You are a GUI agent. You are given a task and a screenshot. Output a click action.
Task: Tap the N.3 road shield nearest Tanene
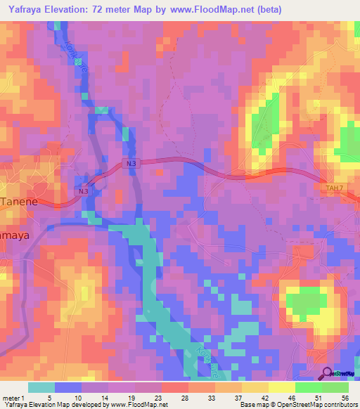click(84, 191)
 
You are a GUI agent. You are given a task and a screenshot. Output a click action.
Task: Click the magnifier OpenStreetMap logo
click(328, 375)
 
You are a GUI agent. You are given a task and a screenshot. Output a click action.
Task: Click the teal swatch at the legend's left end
click(41, 387)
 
